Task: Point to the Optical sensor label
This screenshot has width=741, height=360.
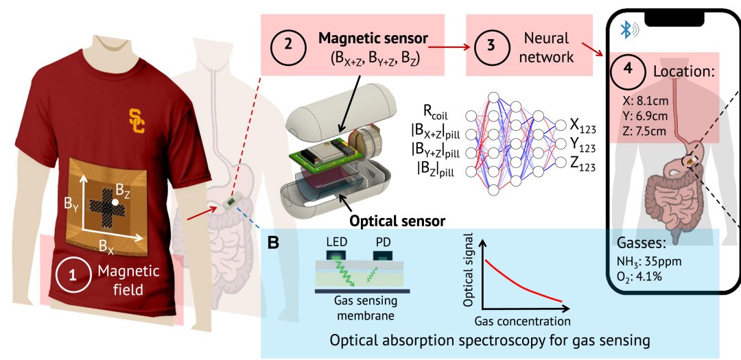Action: click(397, 221)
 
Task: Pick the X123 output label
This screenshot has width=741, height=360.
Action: click(582, 124)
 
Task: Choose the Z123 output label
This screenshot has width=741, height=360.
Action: click(582, 165)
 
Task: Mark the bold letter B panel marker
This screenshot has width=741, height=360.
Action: click(273, 241)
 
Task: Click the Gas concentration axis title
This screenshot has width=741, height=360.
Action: click(523, 320)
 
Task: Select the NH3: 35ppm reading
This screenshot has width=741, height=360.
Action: click(648, 261)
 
